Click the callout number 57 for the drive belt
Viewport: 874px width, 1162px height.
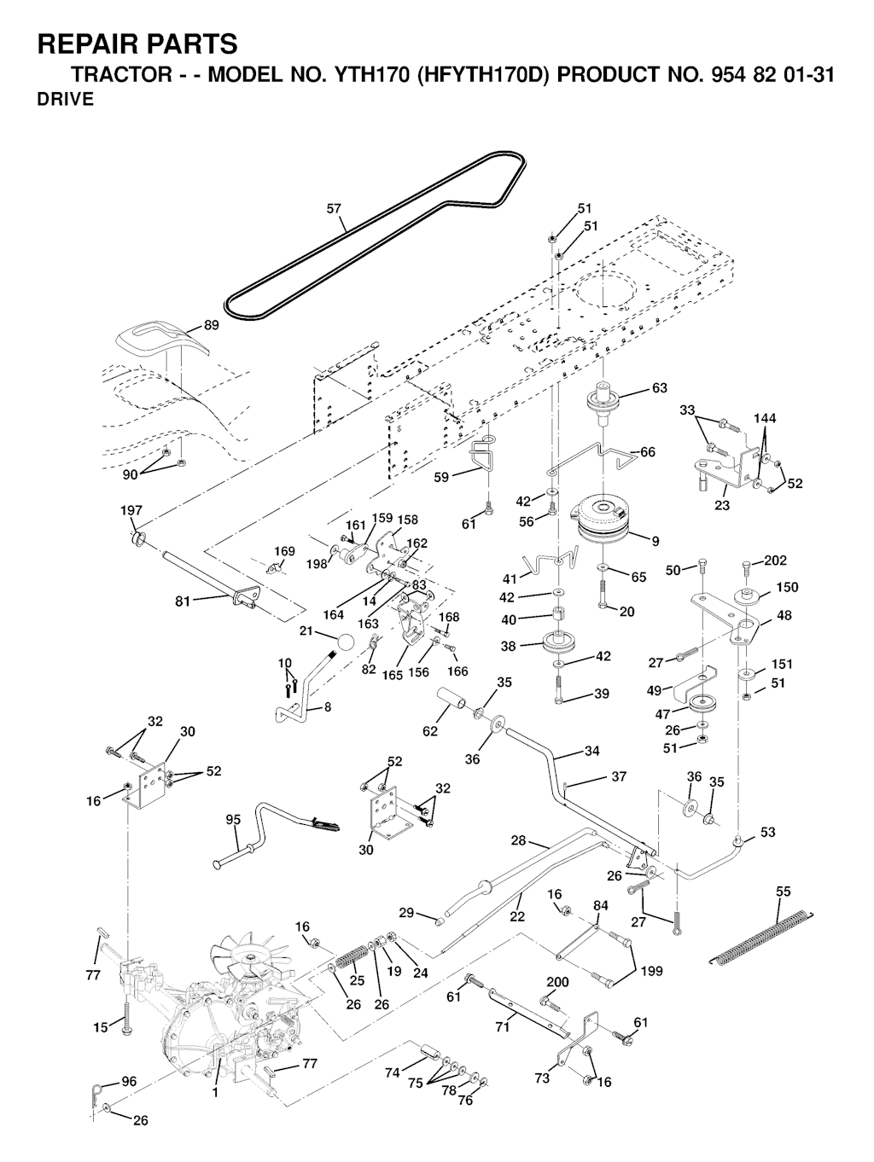334,207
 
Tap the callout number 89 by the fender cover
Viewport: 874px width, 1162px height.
212,325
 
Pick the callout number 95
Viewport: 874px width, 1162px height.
233,820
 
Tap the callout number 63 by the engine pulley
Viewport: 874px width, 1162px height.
659,389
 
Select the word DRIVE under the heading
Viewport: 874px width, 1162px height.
66,100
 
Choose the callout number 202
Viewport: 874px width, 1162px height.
775,561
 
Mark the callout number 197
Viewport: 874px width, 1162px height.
131,511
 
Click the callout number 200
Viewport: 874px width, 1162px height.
556,982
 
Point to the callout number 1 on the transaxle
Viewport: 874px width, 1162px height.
215,1091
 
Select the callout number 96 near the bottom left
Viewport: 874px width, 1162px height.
128,1082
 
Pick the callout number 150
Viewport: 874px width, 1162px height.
786,588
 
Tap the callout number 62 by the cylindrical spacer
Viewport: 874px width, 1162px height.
429,730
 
